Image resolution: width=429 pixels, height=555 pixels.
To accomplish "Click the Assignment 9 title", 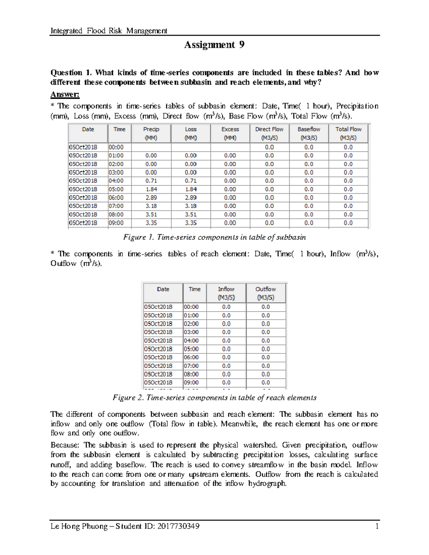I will click(x=214, y=45).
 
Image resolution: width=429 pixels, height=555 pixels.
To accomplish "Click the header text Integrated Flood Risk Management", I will click(x=109, y=31).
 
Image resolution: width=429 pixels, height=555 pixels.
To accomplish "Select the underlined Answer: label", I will click(x=65, y=94).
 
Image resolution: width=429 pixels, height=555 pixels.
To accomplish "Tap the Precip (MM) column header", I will click(x=151, y=133).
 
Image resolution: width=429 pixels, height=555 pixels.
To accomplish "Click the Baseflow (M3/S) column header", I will click(x=309, y=133).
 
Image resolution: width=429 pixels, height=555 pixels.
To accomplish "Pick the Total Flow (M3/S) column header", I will click(x=348, y=133).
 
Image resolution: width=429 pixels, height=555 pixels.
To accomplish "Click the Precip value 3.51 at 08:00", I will click(x=151, y=214).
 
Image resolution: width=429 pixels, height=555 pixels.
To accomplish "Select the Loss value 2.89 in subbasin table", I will click(x=191, y=198).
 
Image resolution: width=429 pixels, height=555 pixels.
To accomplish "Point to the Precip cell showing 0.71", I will click(x=151, y=181).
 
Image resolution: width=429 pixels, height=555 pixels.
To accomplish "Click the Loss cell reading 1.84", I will click(x=191, y=189).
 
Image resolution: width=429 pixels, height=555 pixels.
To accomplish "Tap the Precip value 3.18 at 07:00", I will click(x=151, y=206).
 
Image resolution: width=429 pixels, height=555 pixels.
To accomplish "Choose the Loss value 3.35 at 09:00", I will click(x=191, y=223).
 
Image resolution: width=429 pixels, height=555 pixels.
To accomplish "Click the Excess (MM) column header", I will click(x=230, y=133).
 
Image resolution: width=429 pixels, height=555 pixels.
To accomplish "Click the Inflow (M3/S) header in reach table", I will click(x=226, y=293).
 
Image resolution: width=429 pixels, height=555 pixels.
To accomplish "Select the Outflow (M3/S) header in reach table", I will click(x=265, y=293).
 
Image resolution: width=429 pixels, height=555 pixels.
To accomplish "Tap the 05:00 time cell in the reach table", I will click(x=191, y=349).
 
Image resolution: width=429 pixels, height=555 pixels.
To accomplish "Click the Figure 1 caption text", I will click(x=214, y=237).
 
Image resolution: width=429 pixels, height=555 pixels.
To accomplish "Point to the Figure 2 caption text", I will click(x=214, y=398).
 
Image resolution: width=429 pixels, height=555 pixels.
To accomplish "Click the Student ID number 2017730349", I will click(x=178, y=526).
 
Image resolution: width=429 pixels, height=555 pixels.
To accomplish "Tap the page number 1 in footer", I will click(x=376, y=526).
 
